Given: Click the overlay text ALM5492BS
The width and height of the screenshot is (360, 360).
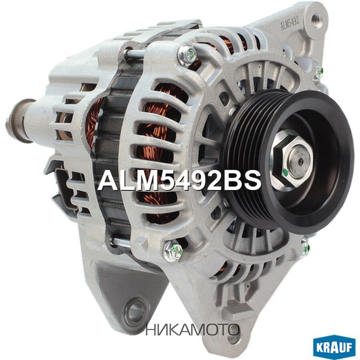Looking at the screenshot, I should pos(179,180).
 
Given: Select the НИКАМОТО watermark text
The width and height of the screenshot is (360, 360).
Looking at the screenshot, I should pos(192,330).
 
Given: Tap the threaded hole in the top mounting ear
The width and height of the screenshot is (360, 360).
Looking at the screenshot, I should pos(316,18).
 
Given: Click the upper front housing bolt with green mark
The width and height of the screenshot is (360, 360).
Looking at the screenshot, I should pos(187,55).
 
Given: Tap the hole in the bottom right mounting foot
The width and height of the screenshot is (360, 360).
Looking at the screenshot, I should pos(233,338).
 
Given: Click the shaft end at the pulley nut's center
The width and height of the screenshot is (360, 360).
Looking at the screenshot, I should pos(300,157).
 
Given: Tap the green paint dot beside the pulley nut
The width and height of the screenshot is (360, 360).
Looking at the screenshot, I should pos(285,173).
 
